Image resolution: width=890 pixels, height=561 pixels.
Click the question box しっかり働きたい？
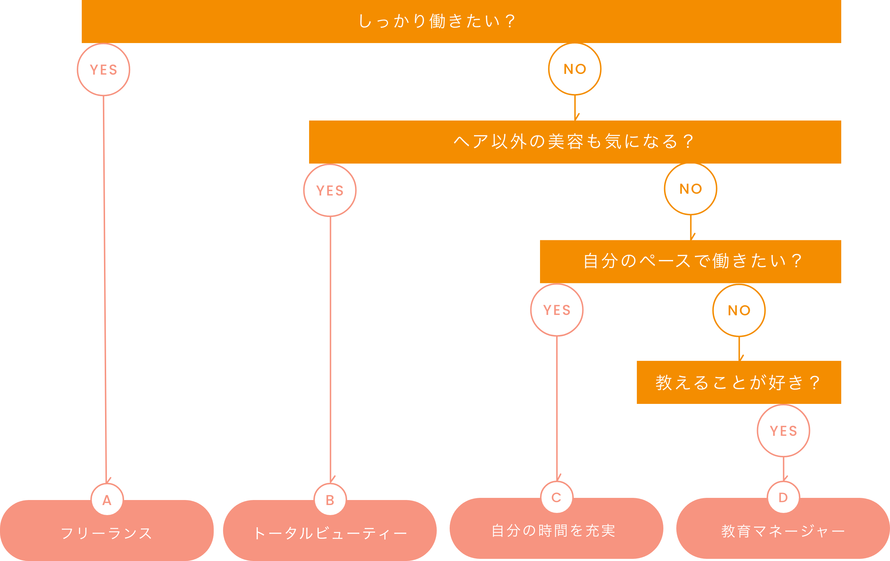461,21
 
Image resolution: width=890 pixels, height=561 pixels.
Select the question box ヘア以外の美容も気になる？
575,142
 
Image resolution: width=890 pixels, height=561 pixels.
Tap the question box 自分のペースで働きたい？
690,261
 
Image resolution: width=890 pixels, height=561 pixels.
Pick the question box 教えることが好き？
739,382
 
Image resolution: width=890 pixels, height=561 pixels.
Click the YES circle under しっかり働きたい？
104,70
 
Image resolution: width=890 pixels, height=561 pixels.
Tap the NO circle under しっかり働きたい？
575,69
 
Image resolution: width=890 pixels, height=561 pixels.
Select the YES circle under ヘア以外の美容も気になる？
330,190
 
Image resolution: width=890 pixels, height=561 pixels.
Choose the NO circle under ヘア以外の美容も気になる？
690,189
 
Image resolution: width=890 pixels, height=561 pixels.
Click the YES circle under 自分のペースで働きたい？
557,310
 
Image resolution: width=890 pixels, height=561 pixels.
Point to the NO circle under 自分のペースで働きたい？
739,310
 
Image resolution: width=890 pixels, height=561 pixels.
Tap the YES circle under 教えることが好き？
784,430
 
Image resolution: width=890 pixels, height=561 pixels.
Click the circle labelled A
107,500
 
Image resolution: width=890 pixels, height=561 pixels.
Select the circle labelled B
330,500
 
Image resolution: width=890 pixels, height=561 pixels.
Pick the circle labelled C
557,498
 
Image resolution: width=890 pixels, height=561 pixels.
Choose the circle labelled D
783,498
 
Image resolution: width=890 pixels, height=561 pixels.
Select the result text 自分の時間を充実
553,531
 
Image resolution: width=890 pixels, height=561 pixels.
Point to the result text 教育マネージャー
783,531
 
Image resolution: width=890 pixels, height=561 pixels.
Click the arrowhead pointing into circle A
107,480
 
